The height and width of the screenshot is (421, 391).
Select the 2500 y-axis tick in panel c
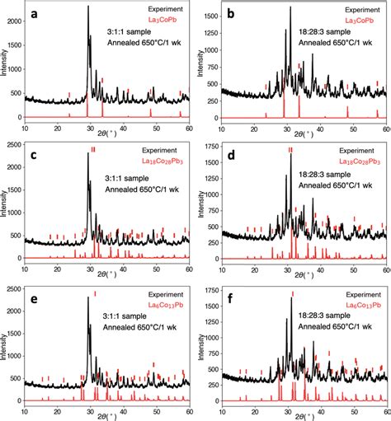click(x=16, y=146)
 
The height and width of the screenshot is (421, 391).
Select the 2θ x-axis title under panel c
click(x=107, y=278)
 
